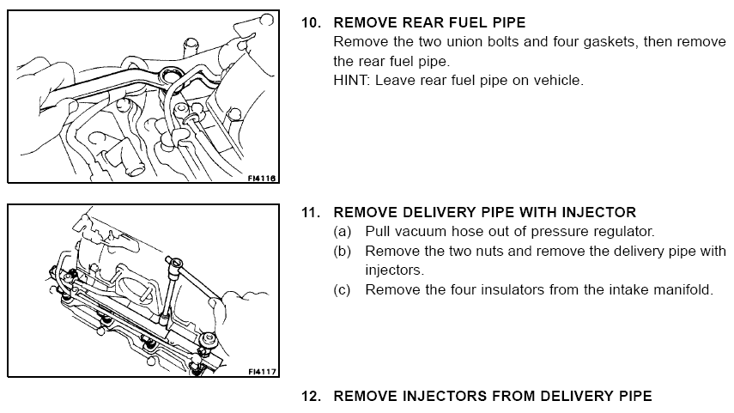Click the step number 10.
pyautogui.click(x=310, y=22)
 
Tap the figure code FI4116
pyautogui.click(x=262, y=178)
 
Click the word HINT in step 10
pyautogui.click(x=350, y=81)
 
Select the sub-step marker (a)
pyautogui.click(x=342, y=232)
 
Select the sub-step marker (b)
pyautogui.click(x=342, y=251)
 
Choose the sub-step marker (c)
pyautogui.click(x=342, y=289)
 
